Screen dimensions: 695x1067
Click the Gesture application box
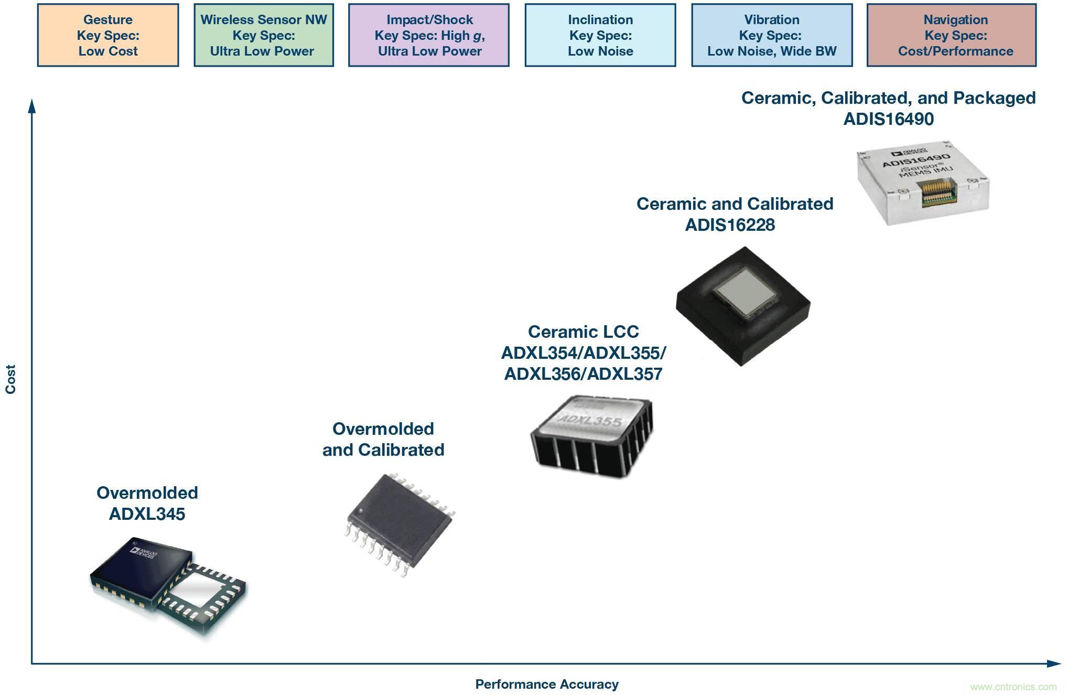coord(108,35)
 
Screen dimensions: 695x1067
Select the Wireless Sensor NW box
coord(264,35)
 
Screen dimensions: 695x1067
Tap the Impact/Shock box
coord(429,35)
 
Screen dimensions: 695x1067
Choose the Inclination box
coord(600,35)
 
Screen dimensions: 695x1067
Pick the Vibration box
coord(771,35)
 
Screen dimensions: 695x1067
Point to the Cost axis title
coord(10,379)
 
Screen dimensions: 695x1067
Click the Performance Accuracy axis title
coord(547,684)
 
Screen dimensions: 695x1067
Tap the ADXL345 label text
coord(147,514)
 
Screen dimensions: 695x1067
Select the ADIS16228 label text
coord(730,225)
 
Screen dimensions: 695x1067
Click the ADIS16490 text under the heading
coord(888,119)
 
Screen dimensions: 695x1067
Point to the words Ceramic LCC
coord(583,332)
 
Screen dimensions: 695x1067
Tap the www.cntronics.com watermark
coord(1013,687)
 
